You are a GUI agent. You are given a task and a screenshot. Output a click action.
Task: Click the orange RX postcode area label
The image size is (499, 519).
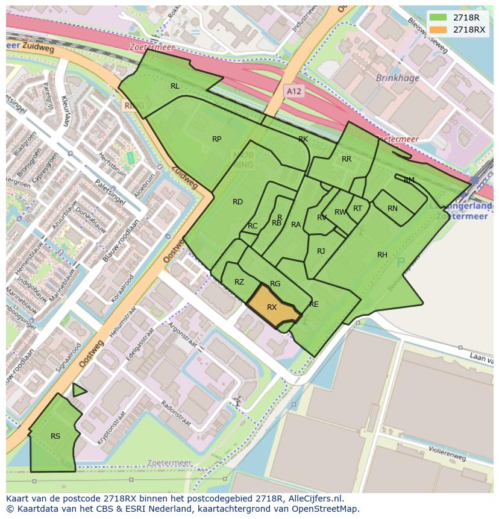click(272, 307)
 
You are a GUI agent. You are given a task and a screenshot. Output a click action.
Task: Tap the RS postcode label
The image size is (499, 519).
click(55, 436)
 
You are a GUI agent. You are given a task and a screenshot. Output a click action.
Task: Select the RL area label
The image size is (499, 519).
click(175, 86)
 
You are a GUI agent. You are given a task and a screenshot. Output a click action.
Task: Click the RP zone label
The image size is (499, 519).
click(216, 139)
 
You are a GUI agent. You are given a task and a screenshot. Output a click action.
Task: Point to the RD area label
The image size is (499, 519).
click(237, 202)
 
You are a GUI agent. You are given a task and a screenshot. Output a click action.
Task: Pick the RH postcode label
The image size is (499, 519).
click(382, 255)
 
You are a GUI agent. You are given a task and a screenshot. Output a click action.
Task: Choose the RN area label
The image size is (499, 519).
click(392, 209)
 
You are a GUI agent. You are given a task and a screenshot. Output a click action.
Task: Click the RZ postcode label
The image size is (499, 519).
click(239, 282)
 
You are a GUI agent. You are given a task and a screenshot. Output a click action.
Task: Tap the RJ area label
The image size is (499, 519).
click(321, 251)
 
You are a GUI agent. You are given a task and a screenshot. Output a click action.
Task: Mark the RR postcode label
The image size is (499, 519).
click(347, 159)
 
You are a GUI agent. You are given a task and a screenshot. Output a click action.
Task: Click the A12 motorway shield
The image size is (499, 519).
click(293, 91)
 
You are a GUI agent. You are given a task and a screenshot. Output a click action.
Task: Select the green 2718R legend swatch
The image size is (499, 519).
click(439, 17)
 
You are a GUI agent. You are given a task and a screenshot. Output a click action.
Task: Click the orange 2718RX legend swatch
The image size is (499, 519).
click(439, 30)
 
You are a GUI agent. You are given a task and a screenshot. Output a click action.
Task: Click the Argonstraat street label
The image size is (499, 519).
click(184, 335)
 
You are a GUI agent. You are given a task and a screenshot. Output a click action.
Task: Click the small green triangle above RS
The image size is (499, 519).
click(78, 391)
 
